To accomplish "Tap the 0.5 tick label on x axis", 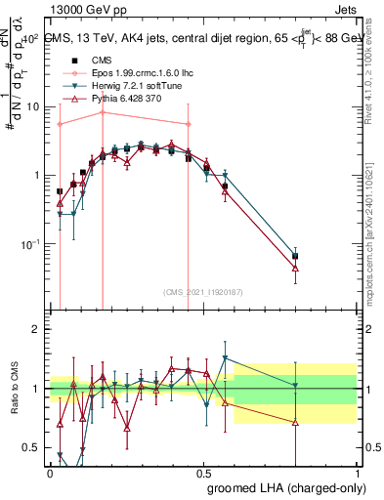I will (203, 472).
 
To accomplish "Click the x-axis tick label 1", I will (357, 472).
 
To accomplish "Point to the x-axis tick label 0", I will (51, 472).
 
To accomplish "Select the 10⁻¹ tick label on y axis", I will (29, 244).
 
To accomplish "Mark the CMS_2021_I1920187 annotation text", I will (202, 292).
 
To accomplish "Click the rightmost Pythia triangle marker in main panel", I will (295, 268).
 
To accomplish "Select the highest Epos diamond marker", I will (103, 113).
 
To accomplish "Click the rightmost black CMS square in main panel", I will (295, 256).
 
